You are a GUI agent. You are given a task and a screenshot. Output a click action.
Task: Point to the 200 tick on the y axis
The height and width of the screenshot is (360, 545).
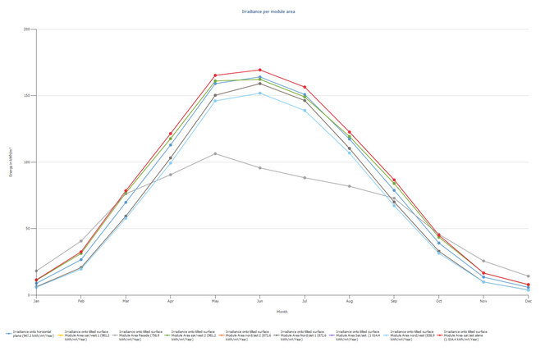(x=27, y=30)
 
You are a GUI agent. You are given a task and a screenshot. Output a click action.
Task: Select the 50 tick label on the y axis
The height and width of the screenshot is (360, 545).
(x=29, y=228)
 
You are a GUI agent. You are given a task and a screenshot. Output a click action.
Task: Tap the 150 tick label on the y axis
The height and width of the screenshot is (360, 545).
(x=27, y=96)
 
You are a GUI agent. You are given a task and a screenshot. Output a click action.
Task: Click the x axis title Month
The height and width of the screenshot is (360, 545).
(x=282, y=312)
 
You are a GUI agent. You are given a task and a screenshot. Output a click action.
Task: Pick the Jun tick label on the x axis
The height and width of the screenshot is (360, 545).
(x=259, y=301)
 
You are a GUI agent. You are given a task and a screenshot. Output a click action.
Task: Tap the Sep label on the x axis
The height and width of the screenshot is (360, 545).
(x=394, y=301)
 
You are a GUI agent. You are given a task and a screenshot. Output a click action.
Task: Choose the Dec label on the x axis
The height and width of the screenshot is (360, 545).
(x=528, y=301)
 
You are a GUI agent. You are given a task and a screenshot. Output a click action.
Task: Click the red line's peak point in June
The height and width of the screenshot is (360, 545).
(x=259, y=70)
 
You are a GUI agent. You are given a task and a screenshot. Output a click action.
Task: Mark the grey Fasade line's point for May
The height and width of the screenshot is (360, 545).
(x=215, y=153)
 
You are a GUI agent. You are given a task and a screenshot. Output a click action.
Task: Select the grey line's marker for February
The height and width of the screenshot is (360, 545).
(x=80, y=241)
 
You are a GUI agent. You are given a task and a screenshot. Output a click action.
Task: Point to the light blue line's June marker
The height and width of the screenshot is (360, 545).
(x=259, y=93)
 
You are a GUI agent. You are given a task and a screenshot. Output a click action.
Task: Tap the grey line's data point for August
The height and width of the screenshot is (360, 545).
(x=349, y=186)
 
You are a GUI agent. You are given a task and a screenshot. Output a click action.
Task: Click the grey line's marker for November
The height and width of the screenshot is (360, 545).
(x=483, y=261)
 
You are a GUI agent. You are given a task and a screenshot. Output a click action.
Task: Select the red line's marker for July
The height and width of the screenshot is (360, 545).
(x=305, y=87)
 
